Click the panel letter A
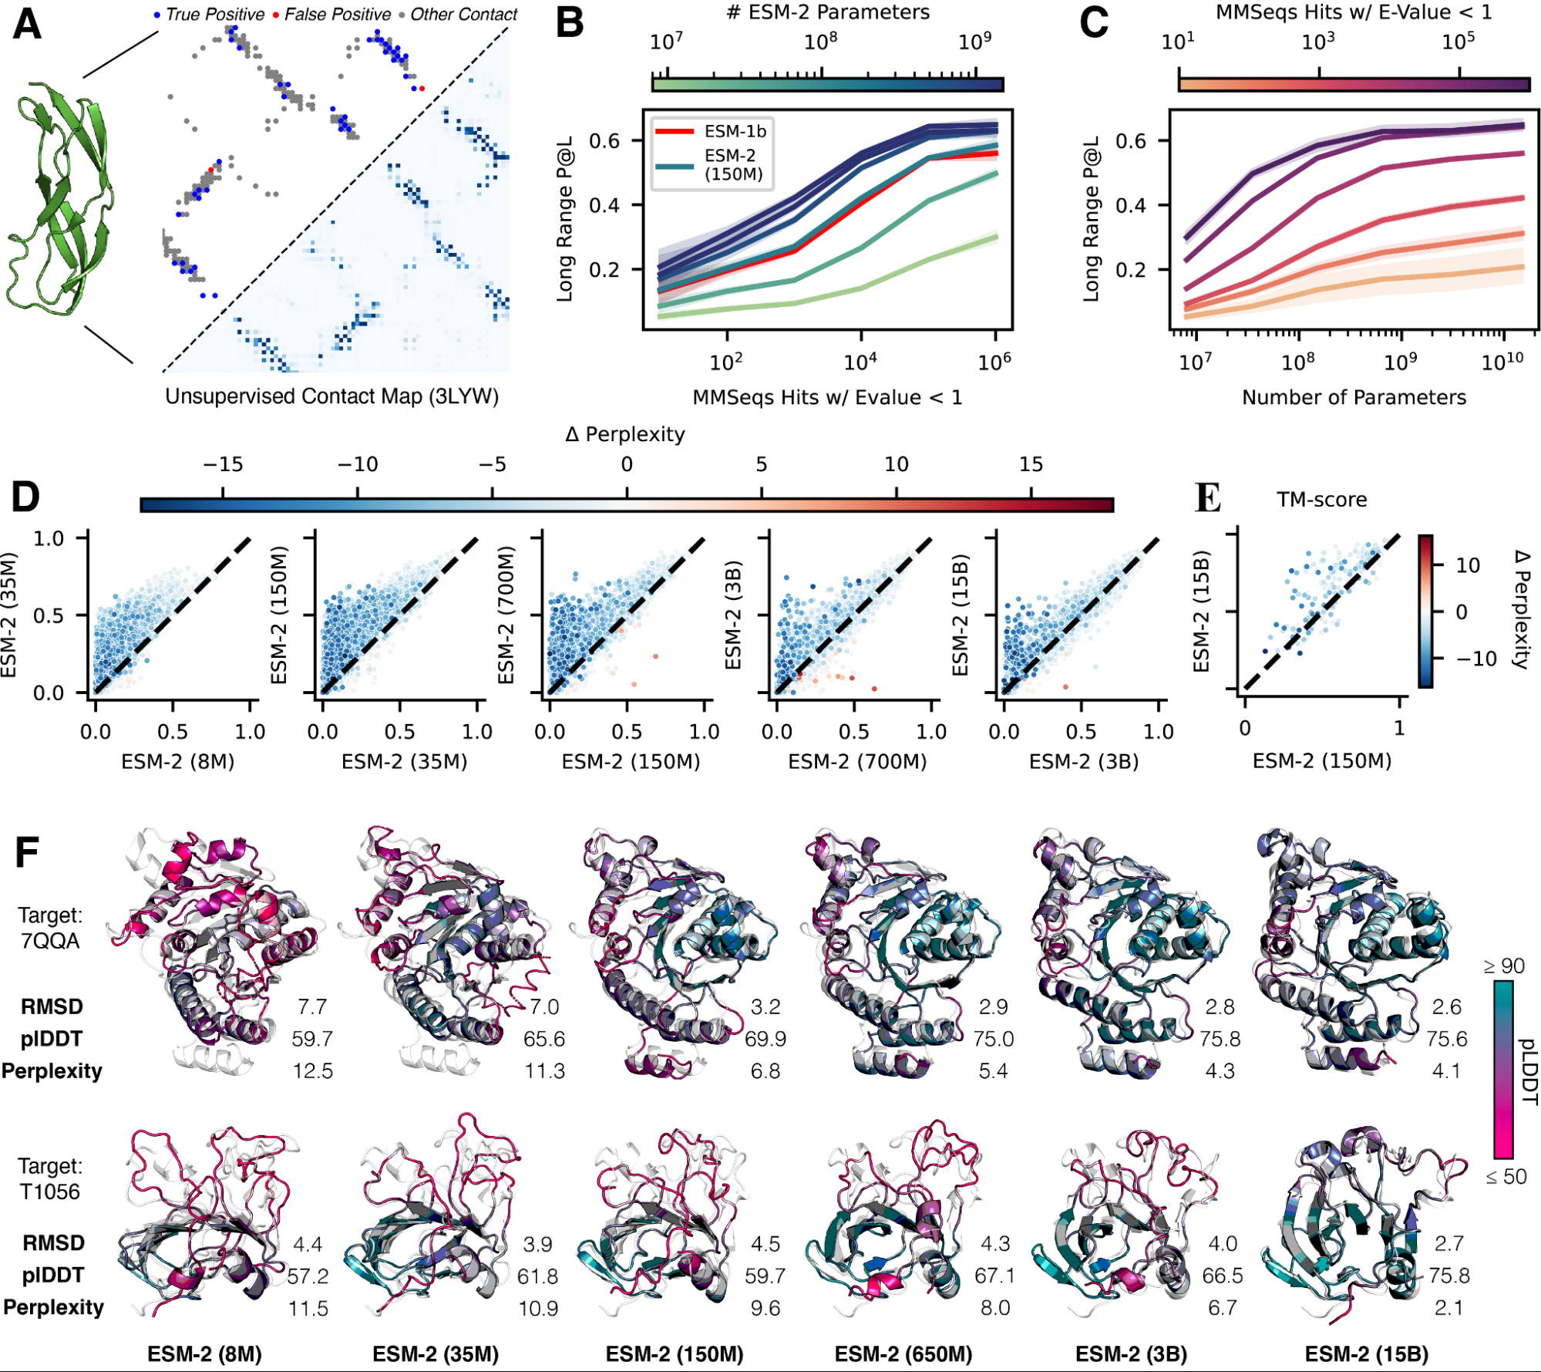(x=27, y=25)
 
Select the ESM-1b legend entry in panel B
(x=734, y=131)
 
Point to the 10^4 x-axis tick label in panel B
(x=860, y=362)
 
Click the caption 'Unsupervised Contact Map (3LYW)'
(x=331, y=396)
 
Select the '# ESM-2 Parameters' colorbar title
(x=828, y=12)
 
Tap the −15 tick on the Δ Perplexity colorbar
(x=223, y=464)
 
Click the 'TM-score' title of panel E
(x=1321, y=500)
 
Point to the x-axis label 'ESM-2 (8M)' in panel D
(x=177, y=762)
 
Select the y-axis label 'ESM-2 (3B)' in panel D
(x=733, y=615)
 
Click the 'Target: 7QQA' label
(x=50, y=928)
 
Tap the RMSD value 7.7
(x=312, y=1006)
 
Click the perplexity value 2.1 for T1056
(x=1448, y=1308)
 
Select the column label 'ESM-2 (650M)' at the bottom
(x=903, y=1354)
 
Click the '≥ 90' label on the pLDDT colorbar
(x=1503, y=966)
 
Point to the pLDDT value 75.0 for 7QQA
(x=993, y=1039)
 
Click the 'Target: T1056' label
(x=50, y=1178)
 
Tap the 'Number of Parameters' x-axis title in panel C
(x=1354, y=397)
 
